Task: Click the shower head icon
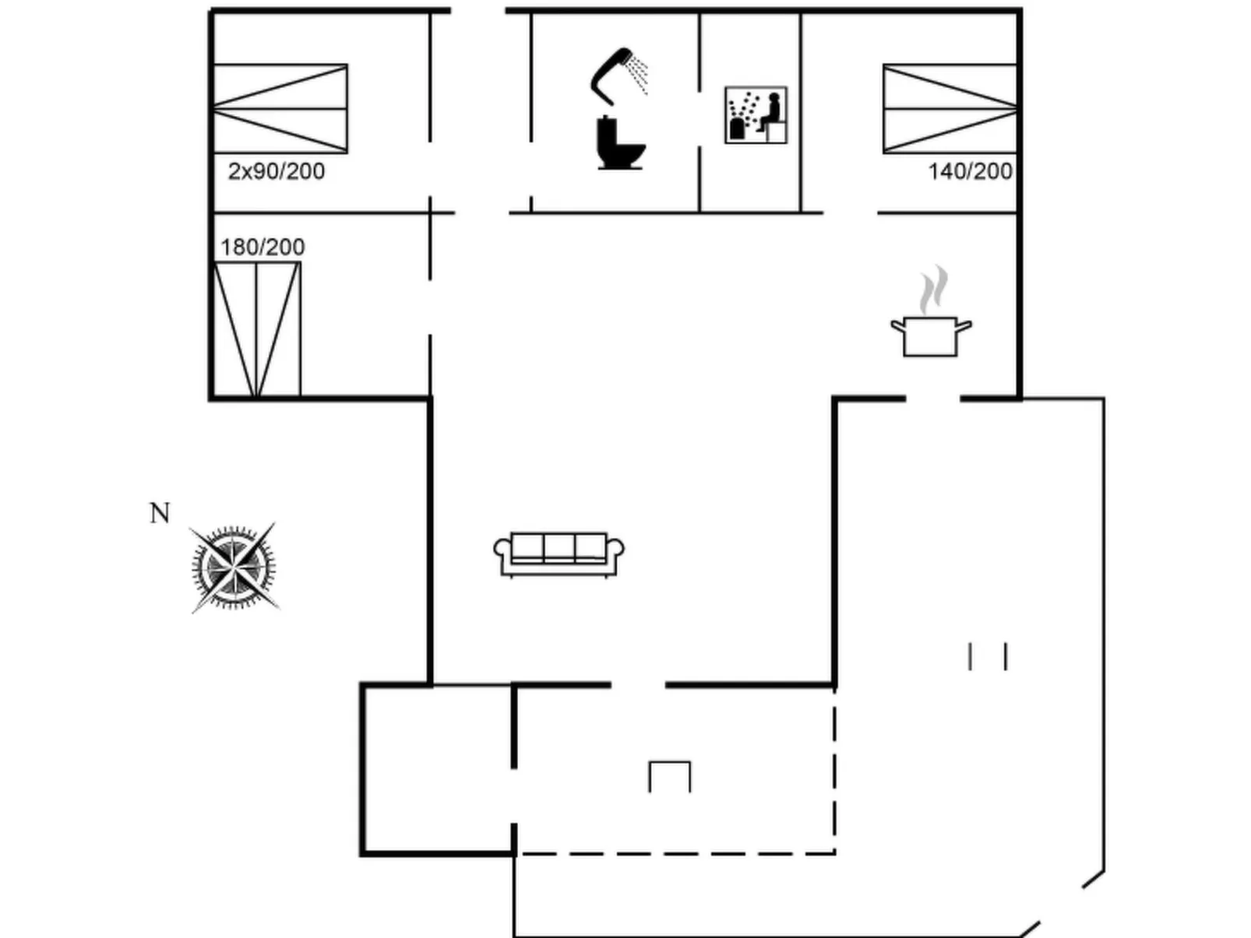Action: pos(611,74)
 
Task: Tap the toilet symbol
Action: pos(619,144)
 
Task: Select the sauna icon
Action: pos(756,115)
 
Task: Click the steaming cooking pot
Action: pos(931,335)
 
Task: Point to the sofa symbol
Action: pos(559,554)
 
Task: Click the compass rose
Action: pos(234,567)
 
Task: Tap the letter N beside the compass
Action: pos(160,514)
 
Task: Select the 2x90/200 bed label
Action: pos(277,171)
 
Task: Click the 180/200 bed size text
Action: pos(263,248)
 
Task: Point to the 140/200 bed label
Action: pos(970,171)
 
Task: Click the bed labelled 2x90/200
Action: pos(280,109)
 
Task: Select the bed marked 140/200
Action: pos(950,109)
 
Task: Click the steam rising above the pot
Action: pos(933,290)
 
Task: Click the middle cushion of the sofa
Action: pos(559,547)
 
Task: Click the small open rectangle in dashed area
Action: pos(669,776)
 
